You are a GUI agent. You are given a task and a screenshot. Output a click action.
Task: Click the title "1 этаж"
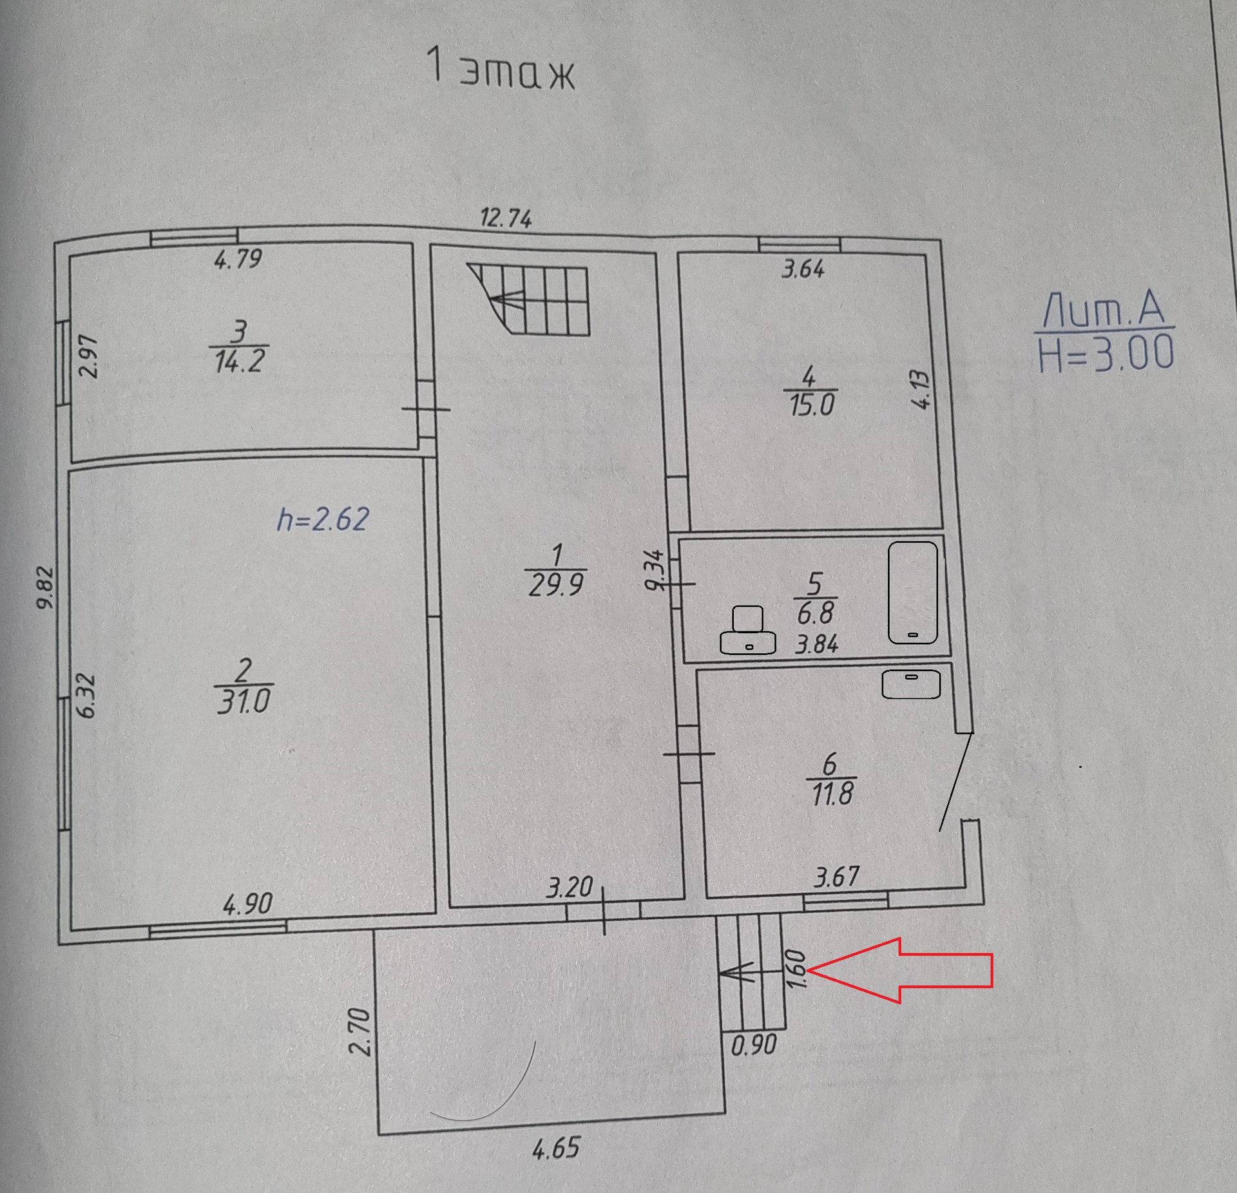tap(501, 68)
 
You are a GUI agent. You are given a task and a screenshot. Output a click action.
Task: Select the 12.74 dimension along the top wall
tap(506, 219)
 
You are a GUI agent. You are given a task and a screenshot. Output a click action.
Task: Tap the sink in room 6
tap(910, 684)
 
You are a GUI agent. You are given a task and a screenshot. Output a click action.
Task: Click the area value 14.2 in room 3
tap(239, 361)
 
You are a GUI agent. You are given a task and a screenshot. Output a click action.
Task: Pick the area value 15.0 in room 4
tap(812, 405)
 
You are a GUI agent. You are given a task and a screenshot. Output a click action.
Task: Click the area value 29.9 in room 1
tap(555, 585)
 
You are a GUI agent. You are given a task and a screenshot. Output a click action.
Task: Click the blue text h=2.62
tap(323, 519)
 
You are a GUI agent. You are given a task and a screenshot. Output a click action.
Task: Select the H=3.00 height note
tap(1106, 354)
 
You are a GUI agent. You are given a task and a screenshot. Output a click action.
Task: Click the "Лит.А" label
tap(1104, 310)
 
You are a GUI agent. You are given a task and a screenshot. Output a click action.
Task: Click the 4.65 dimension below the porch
tap(556, 1149)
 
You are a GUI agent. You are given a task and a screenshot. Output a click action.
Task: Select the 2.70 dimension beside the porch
tap(361, 1031)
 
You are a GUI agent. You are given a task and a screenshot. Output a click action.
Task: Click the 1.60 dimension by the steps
tap(797, 969)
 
